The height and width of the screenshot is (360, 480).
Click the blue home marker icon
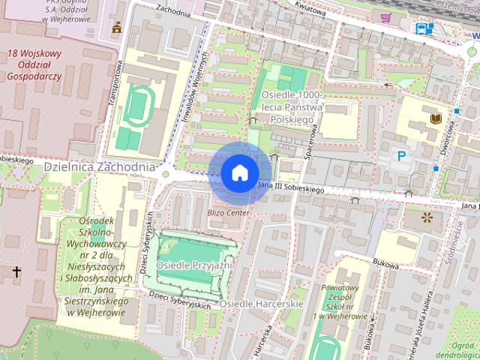(x=238, y=173)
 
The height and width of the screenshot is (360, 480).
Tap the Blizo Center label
(x=227, y=213)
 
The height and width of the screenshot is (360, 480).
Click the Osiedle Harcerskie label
(x=261, y=304)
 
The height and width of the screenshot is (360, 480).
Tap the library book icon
(x=434, y=118)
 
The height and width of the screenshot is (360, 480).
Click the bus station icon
(x=424, y=28)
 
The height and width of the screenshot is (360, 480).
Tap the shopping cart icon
(x=386, y=17)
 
